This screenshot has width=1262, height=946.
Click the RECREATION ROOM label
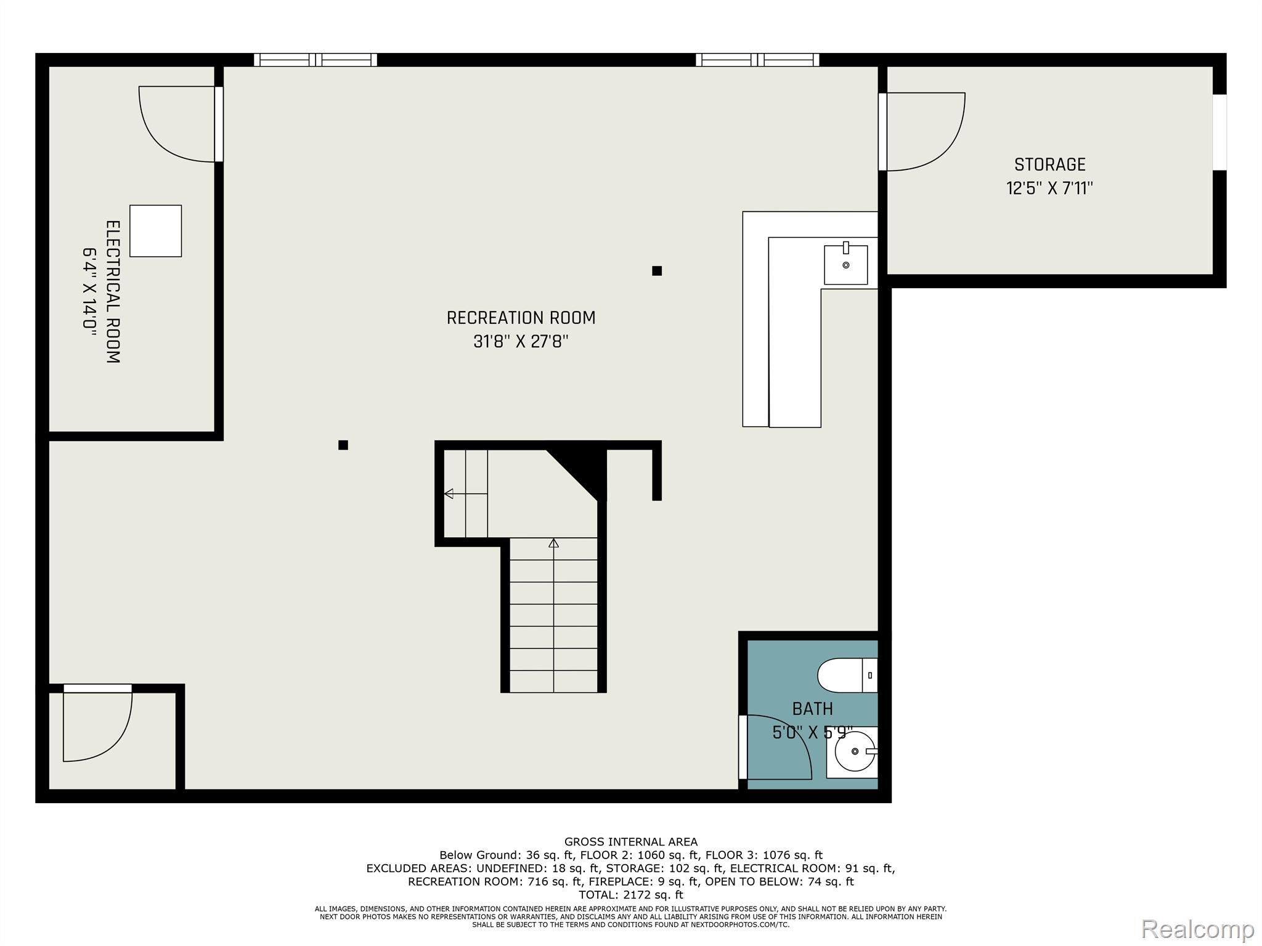(521, 318)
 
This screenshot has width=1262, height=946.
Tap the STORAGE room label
(1049, 164)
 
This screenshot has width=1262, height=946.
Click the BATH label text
(812, 709)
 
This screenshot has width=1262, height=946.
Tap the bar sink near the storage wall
(845, 265)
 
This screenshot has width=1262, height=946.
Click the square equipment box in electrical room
(155, 231)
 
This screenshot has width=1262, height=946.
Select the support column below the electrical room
(343, 445)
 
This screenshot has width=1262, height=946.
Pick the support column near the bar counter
(657, 271)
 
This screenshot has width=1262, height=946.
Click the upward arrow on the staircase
(553, 543)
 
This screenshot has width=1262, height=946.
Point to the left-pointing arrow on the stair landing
(449, 493)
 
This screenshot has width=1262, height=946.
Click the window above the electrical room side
(315, 60)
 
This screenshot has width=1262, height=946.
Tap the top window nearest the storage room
(757, 60)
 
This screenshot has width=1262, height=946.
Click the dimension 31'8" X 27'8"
(521, 342)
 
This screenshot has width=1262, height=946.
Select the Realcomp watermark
(1197, 929)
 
